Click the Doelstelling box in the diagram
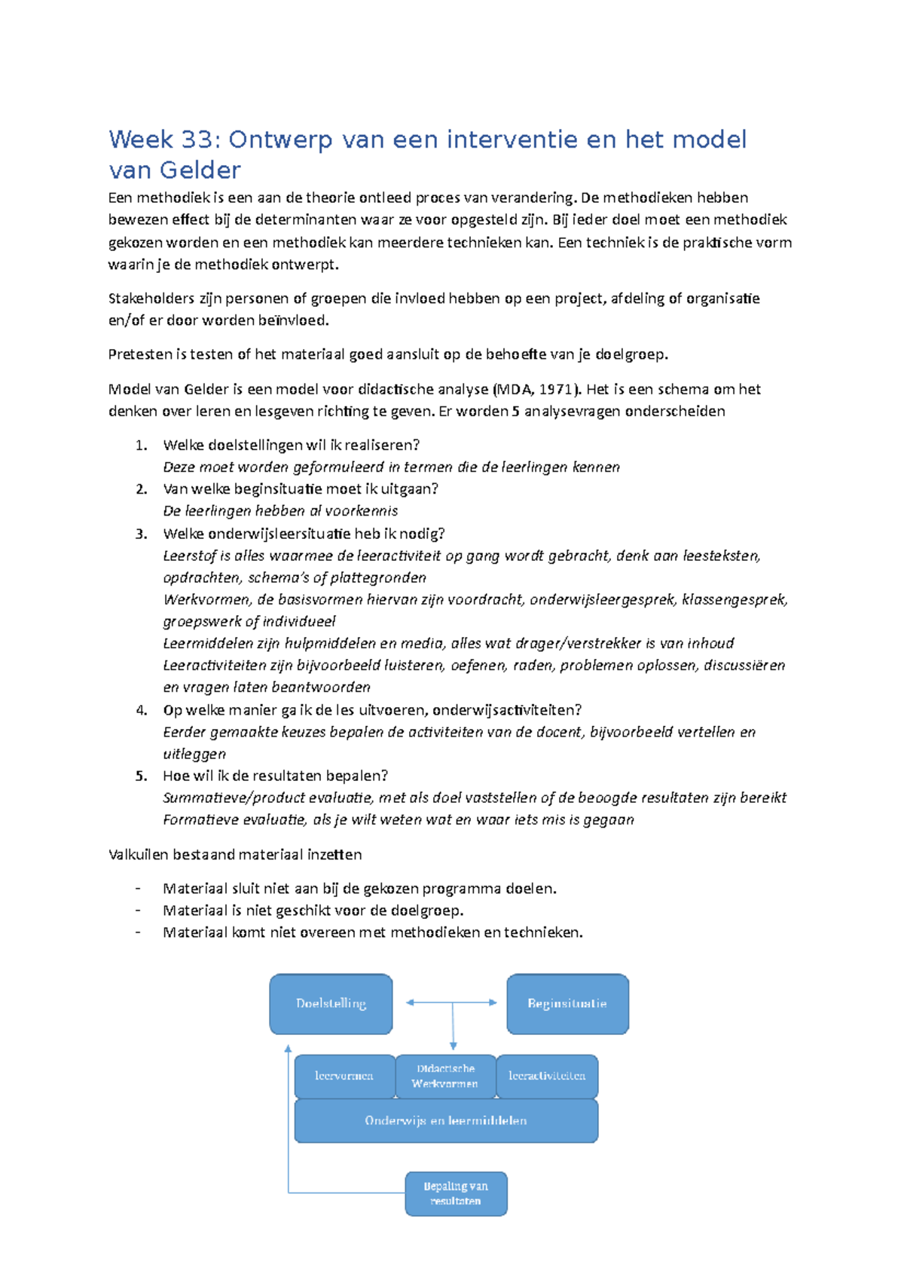pyautogui.click(x=331, y=1004)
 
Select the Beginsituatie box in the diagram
pyautogui.click(x=567, y=1004)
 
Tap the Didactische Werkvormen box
pyautogui.click(x=445, y=1076)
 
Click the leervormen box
pyautogui.click(x=344, y=1076)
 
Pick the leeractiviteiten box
pyautogui.click(x=547, y=1076)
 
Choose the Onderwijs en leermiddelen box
pyautogui.click(x=446, y=1121)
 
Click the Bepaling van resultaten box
pyautogui.click(x=456, y=1193)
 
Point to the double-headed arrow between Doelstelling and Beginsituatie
pyautogui.click(x=452, y=1003)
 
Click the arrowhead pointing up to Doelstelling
pyautogui.click(x=288, y=1049)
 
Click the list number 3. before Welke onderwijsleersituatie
pyautogui.click(x=141, y=534)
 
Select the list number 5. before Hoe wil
pyautogui.click(x=141, y=776)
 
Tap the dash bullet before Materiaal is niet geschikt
pyautogui.click(x=138, y=911)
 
